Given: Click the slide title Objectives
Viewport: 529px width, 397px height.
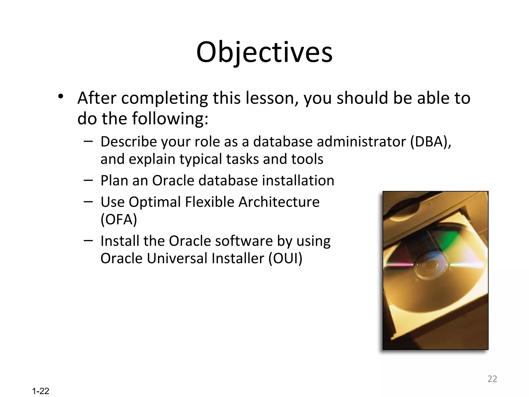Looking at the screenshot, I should pyautogui.click(x=264, y=53).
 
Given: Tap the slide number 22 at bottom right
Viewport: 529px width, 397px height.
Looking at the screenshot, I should pyautogui.click(x=492, y=379).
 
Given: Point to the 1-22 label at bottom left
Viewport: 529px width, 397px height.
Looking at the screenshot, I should pyautogui.click(x=41, y=391).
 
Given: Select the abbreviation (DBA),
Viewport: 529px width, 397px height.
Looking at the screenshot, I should pyautogui.click(x=431, y=142).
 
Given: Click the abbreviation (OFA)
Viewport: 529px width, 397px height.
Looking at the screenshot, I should pyautogui.click(x=119, y=219).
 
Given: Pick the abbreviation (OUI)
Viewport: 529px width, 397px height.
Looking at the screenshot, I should pyautogui.click(x=285, y=258).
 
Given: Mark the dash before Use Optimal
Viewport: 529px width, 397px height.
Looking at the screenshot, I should pyautogui.click(x=88, y=201).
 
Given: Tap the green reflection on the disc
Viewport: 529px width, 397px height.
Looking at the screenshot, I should pyautogui.click(x=449, y=239).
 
